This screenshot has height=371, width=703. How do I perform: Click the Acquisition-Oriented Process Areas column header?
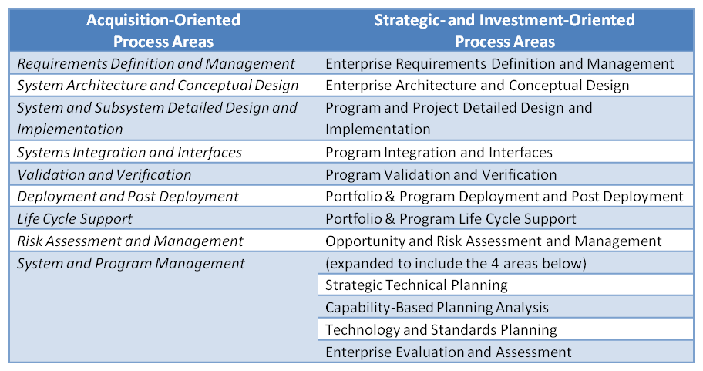pyautogui.click(x=163, y=31)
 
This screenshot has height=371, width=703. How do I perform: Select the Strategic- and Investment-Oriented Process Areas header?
pyautogui.click(x=504, y=31)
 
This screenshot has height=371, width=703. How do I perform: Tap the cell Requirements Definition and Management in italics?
pyautogui.click(x=156, y=64)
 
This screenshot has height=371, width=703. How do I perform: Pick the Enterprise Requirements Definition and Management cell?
pyautogui.click(x=499, y=64)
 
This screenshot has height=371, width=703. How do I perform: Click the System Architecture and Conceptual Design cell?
pyautogui.click(x=158, y=86)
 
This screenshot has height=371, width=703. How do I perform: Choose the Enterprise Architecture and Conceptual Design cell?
pyautogui.click(x=477, y=86)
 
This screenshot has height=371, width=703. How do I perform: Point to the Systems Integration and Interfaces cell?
pyautogui.click(x=129, y=153)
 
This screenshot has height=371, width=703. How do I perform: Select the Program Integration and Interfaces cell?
pyautogui.click(x=439, y=153)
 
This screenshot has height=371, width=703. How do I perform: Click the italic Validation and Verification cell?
pyautogui.click(x=104, y=174)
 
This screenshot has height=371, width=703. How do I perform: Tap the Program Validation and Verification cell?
pyautogui.click(x=441, y=174)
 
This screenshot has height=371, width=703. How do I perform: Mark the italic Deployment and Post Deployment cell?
pyautogui.click(x=128, y=197)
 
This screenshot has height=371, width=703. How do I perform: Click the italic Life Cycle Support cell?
pyautogui.click(x=75, y=219)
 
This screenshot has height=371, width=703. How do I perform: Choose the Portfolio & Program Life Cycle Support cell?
pyautogui.click(x=451, y=219)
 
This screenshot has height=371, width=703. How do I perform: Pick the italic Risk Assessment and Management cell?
pyautogui.click(x=130, y=241)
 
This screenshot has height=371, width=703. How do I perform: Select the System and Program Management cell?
pyautogui.click(x=131, y=263)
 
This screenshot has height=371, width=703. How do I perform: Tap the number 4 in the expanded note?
pyautogui.click(x=495, y=263)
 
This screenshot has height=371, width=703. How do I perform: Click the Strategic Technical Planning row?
pyautogui.click(x=416, y=285)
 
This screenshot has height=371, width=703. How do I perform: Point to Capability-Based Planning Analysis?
pyautogui.click(x=437, y=308)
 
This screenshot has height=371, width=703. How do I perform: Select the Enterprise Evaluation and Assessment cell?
pyautogui.click(x=449, y=352)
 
